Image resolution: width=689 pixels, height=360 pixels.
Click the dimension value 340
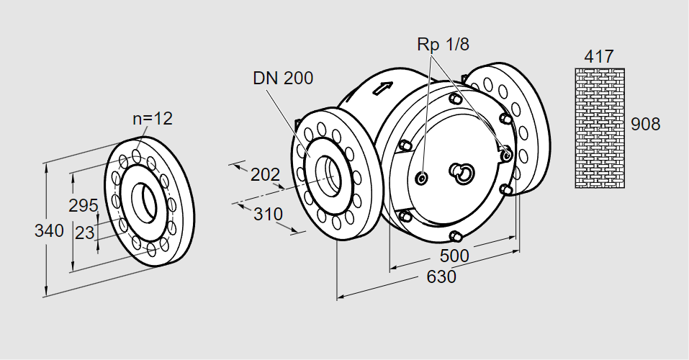coord(49,231)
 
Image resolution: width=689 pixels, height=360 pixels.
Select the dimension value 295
coord(84,205)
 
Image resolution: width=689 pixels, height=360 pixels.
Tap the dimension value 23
coord(85,233)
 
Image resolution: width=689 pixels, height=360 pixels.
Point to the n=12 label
coord(153,119)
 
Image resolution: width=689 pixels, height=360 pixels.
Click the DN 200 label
coord(283,78)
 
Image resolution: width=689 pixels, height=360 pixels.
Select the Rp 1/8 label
coord(443,44)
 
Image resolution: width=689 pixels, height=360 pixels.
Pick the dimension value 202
coord(265,175)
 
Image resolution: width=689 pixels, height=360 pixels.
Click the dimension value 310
coord(268,214)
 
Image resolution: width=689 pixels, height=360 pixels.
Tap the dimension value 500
coord(454,256)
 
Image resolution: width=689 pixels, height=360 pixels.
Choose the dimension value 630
coord(441,276)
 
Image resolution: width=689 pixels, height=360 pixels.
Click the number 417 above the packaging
coord(599,55)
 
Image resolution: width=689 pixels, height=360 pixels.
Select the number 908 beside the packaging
coord(645,124)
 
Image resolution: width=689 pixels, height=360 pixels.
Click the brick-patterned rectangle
coord(599,127)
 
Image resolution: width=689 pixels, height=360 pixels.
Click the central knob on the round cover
coord(461,171)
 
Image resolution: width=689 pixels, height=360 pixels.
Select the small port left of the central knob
coord(422,177)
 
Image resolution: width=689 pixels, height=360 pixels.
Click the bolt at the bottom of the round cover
coord(454,235)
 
